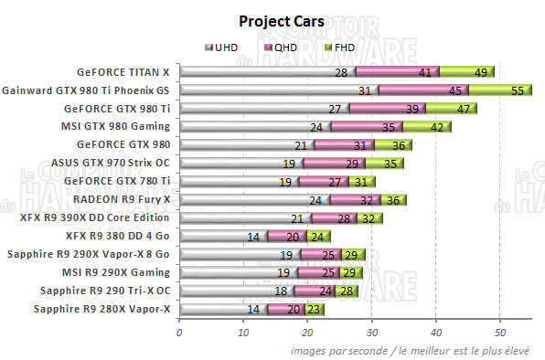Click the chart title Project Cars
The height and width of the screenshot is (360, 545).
(x=272, y=21)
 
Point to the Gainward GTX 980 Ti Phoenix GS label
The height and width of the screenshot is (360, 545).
(x=87, y=90)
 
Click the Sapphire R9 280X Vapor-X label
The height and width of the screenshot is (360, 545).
(x=102, y=309)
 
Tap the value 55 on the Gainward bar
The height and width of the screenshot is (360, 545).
(x=517, y=90)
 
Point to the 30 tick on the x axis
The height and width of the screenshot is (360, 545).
(x=372, y=333)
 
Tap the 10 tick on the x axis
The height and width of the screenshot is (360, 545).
(x=243, y=333)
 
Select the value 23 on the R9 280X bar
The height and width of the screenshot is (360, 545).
(x=313, y=310)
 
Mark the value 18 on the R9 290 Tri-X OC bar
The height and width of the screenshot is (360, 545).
(x=282, y=291)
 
